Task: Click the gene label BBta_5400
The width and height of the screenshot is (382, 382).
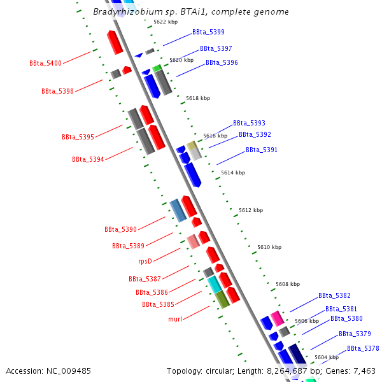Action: click(45, 63)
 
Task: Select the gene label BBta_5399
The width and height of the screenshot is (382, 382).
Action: click(208, 32)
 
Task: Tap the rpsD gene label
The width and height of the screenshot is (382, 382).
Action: click(145, 261)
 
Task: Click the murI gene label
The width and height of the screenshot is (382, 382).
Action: click(176, 319)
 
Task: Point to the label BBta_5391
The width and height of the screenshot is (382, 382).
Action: click(262, 150)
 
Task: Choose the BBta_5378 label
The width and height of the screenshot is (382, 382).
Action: click(363, 348)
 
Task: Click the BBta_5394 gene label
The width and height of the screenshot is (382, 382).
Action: click(88, 159)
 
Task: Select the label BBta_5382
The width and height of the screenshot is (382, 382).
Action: click(334, 295)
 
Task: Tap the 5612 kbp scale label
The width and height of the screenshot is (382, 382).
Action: click(251, 210)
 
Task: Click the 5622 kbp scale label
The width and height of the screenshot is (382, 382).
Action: click(166, 22)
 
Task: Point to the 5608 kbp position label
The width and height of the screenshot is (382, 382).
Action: click(287, 284)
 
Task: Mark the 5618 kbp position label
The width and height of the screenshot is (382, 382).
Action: click(197, 99)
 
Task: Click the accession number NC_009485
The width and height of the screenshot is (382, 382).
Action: click(48, 371)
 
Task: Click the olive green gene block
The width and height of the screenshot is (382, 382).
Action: click(222, 299)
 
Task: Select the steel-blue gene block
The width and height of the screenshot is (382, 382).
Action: click(178, 210)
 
